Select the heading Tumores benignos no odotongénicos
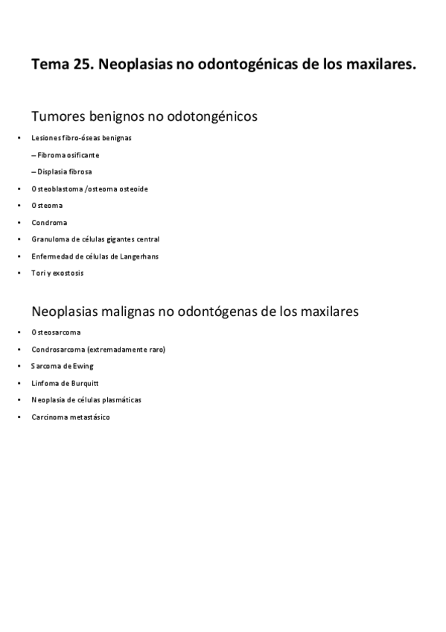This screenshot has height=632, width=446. click(x=144, y=116)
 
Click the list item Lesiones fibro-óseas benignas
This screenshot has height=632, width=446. click(x=82, y=138)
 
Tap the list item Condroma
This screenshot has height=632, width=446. click(x=49, y=222)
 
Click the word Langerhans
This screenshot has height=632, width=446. click(x=138, y=256)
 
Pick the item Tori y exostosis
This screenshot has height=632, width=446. click(x=57, y=273)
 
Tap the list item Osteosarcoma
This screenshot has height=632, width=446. click(x=56, y=332)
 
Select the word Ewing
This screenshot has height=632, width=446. click(x=83, y=366)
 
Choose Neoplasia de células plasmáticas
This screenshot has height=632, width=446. click(x=86, y=399)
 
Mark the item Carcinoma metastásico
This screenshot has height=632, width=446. click(x=71, y=417)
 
